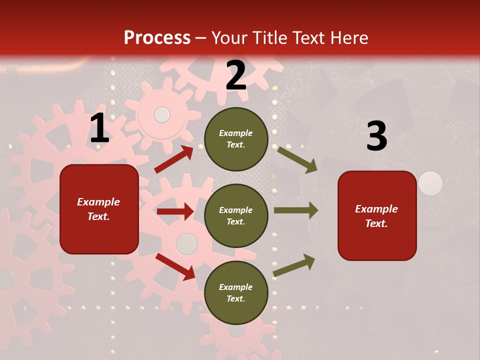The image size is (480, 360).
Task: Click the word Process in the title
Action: [157, 37]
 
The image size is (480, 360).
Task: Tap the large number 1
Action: [99, 129]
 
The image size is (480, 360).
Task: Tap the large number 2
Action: [236, 75]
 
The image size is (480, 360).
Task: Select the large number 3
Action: [376, 136]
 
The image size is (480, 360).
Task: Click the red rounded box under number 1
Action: [99, 209]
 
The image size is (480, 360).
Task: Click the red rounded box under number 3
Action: [377, 215]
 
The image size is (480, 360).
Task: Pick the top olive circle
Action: [236, 139]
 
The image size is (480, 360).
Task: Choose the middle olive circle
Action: [236, 215]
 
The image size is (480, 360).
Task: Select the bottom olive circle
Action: [236, 292]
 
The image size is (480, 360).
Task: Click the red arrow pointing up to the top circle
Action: [174, 159]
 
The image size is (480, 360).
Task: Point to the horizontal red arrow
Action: [175, 211]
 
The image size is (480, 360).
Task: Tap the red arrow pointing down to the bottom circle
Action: [175, 266]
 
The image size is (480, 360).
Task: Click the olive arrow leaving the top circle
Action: [297, 159]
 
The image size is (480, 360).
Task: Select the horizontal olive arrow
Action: [295, 210]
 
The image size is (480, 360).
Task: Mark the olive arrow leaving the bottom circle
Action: [294, 265]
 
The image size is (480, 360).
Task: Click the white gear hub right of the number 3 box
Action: [430, 183]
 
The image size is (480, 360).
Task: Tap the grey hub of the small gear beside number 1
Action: [161, 115]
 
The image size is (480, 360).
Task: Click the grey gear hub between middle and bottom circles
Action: [186, 244]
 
